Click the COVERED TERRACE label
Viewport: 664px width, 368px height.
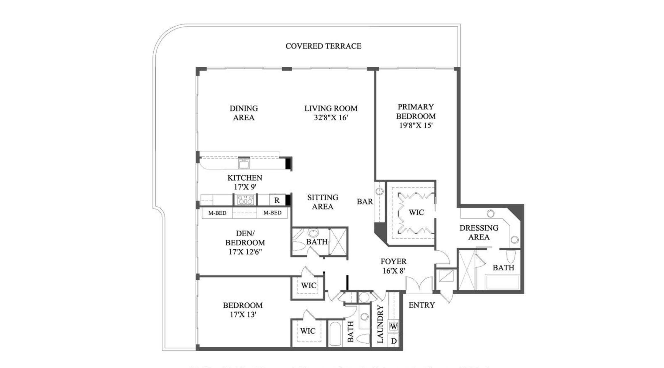click(x=323, y=46)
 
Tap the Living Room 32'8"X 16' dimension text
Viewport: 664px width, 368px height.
click(x=331, y=118)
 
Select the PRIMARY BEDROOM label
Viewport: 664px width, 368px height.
click(x=416, y=111)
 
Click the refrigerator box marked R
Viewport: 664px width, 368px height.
click(x=277, y=200)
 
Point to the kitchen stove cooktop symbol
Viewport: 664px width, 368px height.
click(x=245, y=200)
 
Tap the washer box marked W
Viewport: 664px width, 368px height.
click(x=394, y=326)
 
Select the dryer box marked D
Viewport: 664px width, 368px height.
click(x=394, y=341)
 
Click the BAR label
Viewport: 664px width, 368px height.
click(x=365, y=202)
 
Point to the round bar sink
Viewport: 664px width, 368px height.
click(x=380, y=191)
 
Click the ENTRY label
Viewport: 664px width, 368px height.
click(x=421, y=305)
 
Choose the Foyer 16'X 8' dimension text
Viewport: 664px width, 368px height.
click(x=394, y=271)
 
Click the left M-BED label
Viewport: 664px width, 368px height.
click(x=217, y=213)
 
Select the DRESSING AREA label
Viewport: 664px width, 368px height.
click(x=479, y=232)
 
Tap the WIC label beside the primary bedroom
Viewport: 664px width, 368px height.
click(x=416, y=212)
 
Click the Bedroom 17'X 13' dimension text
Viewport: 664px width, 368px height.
click(x=243, y=314)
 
